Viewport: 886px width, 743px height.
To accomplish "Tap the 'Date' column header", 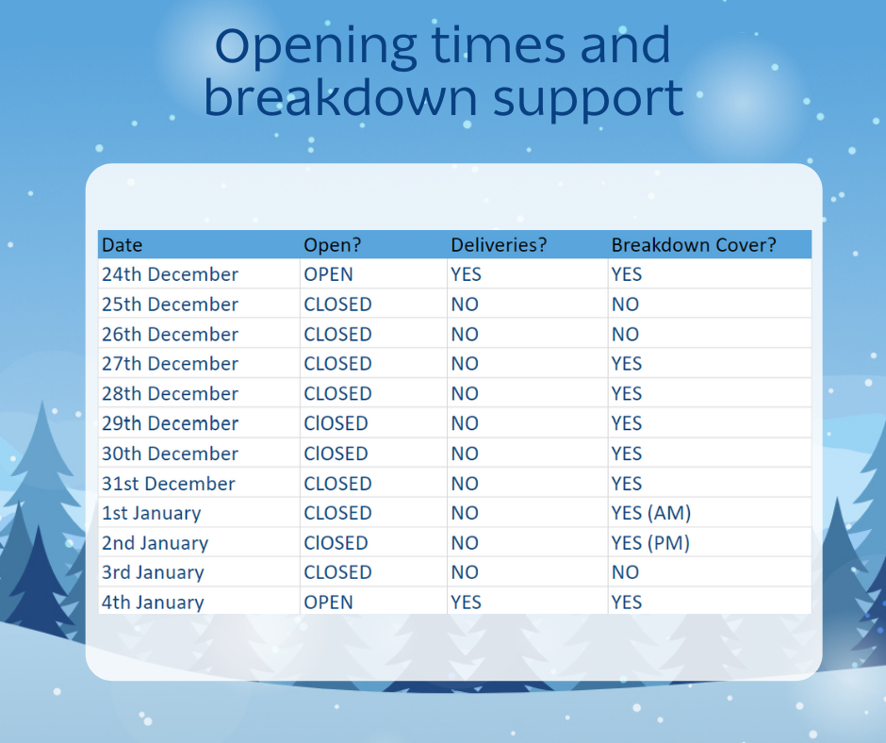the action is [x=122, y=245].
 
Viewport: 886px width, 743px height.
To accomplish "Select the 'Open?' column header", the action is [x=332, y=245].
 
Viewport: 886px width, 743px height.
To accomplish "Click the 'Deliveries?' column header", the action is [x=499, y=245].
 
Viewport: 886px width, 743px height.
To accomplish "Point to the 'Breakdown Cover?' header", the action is [x=694, y=245].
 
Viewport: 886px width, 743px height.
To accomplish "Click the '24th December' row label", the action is [x=170, y=274].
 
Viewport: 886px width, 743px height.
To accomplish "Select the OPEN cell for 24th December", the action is [x=328, y=274].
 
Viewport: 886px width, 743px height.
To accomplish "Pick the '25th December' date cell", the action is [x=170, y=305].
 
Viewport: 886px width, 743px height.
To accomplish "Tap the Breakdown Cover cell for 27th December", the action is [x=627, y=364].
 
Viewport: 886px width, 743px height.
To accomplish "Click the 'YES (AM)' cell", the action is [x=651, y=513].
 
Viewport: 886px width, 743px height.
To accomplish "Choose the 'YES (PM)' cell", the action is [x=650, y=543].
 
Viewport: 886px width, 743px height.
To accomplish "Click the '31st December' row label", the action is [x=169, y=484].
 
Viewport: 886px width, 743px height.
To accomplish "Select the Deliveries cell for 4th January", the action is [x=467, y=603].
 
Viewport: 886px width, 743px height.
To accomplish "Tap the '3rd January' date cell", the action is [x=153, y=572].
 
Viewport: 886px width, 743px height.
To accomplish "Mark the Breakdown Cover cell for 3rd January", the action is [x=625, y=572].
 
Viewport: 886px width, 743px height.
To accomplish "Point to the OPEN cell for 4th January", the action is [x=328, y=603].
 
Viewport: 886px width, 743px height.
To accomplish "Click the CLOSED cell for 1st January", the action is [x=337, y=513].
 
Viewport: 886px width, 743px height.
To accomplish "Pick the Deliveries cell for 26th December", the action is [x=465, y=334].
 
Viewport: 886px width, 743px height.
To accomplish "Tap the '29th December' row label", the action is [x=170, y=423].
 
